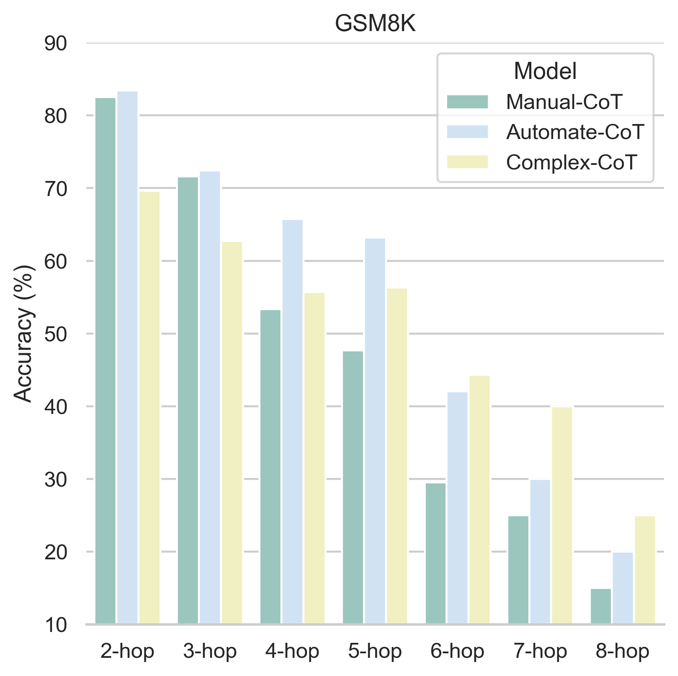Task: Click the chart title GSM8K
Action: point(375,24)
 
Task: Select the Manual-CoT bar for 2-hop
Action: point(105,361)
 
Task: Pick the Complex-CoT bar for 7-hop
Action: point(562,515)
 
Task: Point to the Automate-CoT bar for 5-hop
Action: point(375,431)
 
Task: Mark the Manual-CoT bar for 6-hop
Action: point(435,554)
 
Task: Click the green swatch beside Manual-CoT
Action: point(468,102)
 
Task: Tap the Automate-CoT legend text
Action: point(575,132)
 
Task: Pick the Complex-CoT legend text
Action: point(571,162)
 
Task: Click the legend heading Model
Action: point(545,71)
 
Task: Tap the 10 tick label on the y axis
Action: point(56,625)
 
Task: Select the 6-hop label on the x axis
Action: point(457,652)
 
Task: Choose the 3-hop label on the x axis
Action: point(210,652)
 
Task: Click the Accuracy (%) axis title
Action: point(24,334)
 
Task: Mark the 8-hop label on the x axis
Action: point(622,652)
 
